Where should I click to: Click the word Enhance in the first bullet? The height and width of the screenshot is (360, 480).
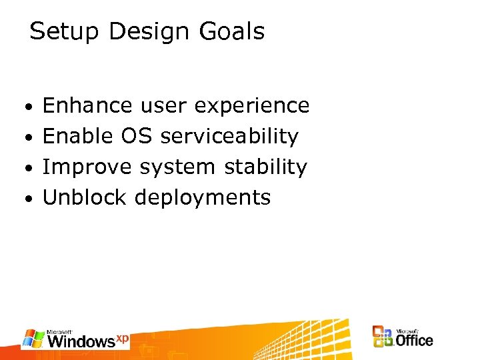point(87,105)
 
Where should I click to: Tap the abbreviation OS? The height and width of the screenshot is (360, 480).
point(137,136)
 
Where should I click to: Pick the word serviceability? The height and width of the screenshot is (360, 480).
point(229,137)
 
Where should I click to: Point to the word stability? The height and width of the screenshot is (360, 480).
point(265,167)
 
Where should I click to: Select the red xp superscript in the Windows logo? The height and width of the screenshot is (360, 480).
point(122,338)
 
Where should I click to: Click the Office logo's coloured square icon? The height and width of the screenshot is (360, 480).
point(383,337)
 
